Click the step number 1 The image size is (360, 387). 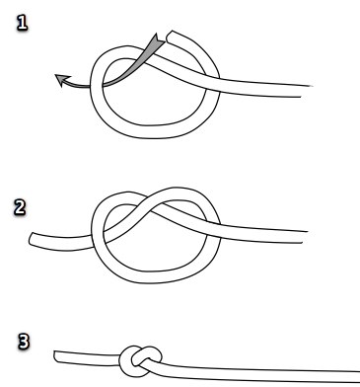pos(22,24)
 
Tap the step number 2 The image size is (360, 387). pos(20,207)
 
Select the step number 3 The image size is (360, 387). pos(24,342)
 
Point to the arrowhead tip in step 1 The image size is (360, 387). pos(55,75)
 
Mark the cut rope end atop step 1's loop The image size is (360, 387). pos(170,37)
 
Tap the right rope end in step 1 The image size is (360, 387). pos(307,91)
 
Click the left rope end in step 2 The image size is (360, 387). pos(32,239)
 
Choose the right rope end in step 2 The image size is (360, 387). pos(305,237)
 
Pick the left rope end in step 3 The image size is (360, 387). pos(56,356)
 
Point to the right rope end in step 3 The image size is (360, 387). pos(358,377)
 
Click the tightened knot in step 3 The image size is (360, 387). pos(140,360)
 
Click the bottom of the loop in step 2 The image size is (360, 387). pos(152,277)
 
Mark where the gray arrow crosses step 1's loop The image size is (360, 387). pos(97,85)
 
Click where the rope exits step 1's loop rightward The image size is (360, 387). pos(212,81)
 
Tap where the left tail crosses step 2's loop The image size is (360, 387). pos(98,238)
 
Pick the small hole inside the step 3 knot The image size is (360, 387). pos(136,358)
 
